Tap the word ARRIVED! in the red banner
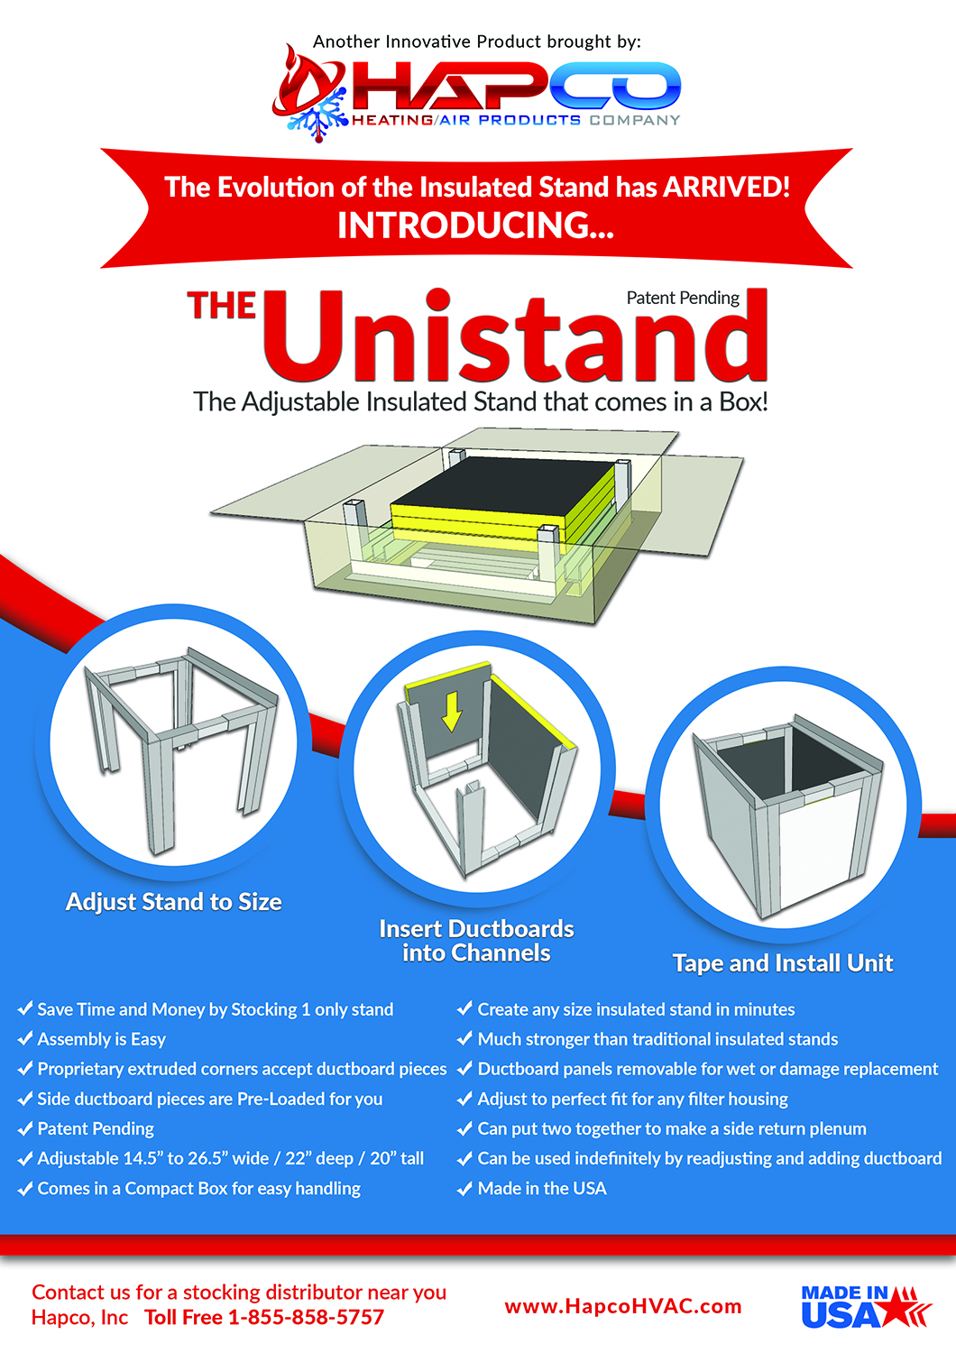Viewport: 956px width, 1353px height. pos(727,187)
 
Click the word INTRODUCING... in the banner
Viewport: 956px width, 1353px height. pos(475,225)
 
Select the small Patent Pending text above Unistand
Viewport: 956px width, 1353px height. pos(683,298)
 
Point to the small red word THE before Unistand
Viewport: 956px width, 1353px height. pos(222,306)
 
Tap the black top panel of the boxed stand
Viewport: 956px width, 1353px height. pos(505,492)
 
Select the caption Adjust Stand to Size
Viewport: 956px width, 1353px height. pos(173,902)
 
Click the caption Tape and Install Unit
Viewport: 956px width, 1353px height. pos(782,963)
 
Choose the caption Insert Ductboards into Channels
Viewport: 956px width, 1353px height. pos(476,941)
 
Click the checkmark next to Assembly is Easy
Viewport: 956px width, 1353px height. pos(25,1039)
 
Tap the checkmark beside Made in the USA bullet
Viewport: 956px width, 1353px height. pos(464,1189)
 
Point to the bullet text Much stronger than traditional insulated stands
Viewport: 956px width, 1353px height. pos(657,1039)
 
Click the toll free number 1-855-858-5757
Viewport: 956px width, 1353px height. pos(306,1318)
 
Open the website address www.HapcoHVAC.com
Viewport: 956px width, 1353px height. pos(623,1306)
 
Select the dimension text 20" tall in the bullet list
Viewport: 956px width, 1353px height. pos(397,1158)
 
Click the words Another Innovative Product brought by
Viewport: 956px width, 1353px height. pos(476,41)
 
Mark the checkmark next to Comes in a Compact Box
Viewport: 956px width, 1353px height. pos(25,1189)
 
